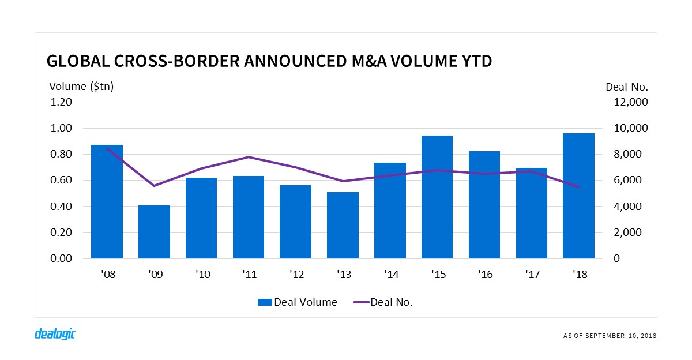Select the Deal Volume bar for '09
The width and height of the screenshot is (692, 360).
pos(154,232)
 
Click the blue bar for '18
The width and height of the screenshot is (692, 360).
pos(578,196)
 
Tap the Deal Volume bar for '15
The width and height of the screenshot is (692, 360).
pos(437,197)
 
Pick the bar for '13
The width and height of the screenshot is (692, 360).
pos(343,226)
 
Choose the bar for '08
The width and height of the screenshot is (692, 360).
pos(107,202)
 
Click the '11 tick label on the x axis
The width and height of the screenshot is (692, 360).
pos(248,275)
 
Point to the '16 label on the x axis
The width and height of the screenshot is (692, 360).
pos(484,275)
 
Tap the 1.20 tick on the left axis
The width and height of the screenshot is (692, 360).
pos(61,102)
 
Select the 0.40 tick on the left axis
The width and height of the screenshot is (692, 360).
pos(61,207)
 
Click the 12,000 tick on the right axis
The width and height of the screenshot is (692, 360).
pos(630,102)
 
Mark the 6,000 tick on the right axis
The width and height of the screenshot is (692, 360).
pos(626,181)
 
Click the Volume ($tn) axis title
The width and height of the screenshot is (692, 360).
pos(81,87)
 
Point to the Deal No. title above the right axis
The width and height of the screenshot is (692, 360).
pos(627,87)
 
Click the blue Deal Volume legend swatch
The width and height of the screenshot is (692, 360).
pos(265,302)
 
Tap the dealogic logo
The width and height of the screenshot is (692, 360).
pos(55,334)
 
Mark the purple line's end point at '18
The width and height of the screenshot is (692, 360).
pos(578,187)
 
